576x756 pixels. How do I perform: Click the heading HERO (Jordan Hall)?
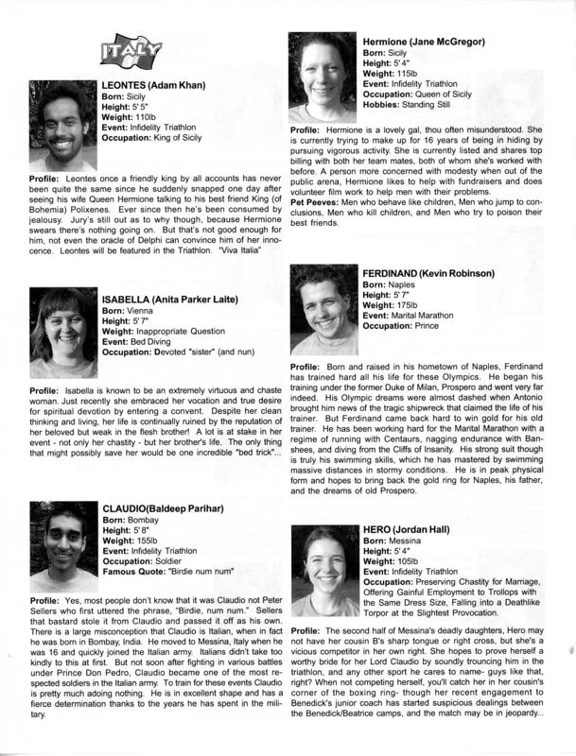407,527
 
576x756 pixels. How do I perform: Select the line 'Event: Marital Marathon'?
416,318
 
